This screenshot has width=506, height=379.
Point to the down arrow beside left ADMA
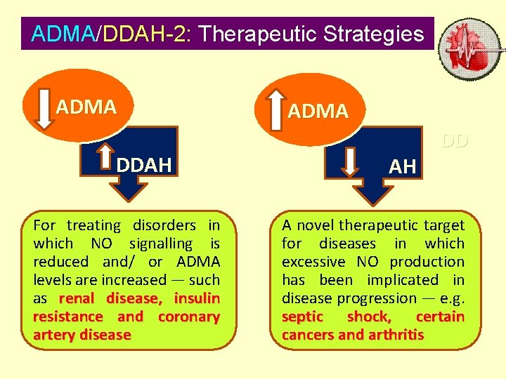pos(45,107)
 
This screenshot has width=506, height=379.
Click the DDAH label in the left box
pos(144,166)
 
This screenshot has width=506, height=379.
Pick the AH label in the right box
pos(403,167)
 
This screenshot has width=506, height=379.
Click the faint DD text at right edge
pos(455,142)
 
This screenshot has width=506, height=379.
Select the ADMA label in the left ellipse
pos(86,107)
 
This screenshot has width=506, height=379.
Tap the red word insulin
pos(197,298)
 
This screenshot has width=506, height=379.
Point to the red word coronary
pos(189,317)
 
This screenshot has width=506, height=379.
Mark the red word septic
pos(302,317)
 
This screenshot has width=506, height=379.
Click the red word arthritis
pos(394,335)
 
